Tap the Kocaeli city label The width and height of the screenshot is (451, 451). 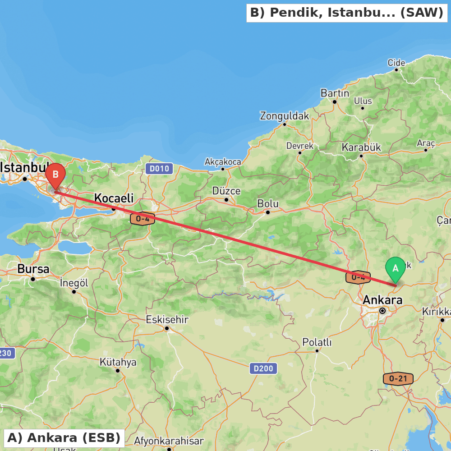point(114,198)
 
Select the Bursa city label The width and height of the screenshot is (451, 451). point(33,269)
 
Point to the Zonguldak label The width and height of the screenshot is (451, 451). point(284,116)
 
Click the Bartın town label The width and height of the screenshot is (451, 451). point(335,93)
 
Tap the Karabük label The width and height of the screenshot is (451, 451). point(361,147)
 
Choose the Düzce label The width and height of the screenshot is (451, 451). point(226,191)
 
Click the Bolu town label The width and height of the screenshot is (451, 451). point(268,203)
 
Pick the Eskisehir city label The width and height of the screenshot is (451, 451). point(166,320)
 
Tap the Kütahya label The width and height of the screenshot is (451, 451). point(118,362)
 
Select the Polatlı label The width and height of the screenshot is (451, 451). point(317,342)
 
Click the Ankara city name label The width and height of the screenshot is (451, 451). point(382,300)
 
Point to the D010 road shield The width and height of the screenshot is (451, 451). point(159,169)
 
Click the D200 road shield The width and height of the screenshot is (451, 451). point(263,368)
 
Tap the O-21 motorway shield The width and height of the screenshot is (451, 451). point(398,378)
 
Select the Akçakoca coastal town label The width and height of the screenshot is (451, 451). point(223,161)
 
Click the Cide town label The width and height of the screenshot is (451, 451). point(396,63)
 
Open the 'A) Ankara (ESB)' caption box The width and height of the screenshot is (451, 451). point(64,437)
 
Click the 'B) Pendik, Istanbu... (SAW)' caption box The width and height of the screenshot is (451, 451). point(346,13)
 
